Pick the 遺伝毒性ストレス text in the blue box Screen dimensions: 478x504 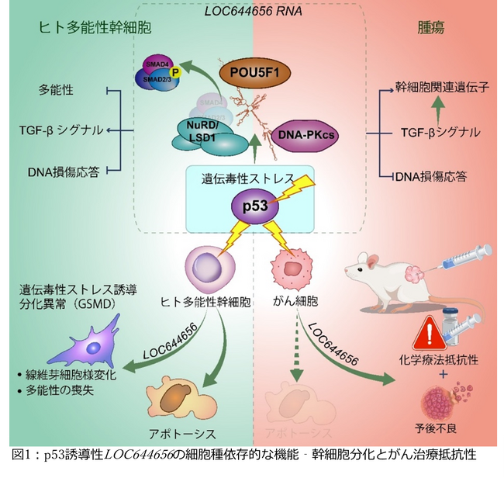[249, 180]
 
